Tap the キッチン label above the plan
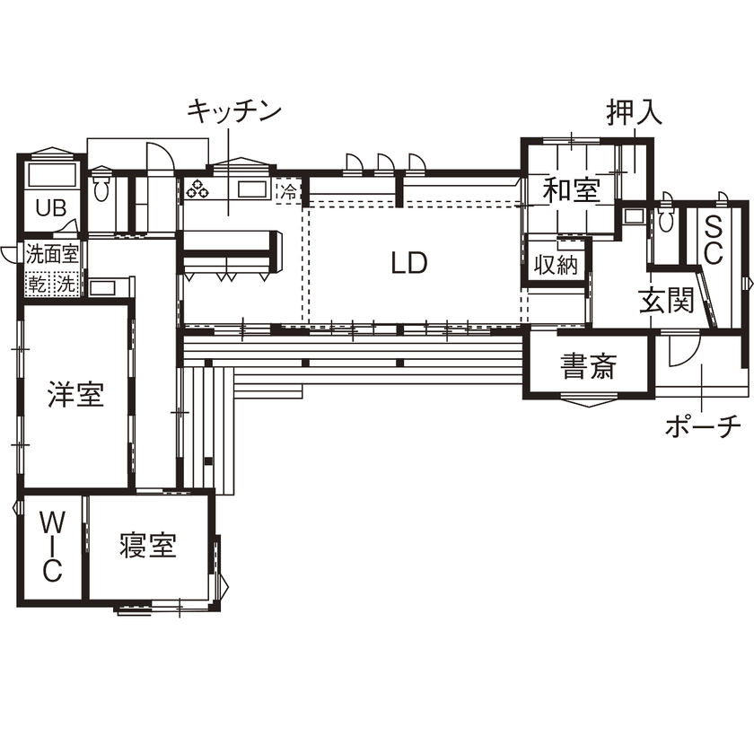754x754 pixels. point(234,111)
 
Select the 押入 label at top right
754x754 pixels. point(635,112)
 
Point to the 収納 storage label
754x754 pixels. point(556,265)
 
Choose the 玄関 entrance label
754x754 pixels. point(667,302)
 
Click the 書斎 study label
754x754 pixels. point(588,365)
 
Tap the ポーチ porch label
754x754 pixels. point(704,425)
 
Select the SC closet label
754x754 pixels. point(713,239)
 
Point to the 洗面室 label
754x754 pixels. point(51,252)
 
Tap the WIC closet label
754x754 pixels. point(53,545)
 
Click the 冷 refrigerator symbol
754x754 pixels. point(288,191)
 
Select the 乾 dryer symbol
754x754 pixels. point(38,285)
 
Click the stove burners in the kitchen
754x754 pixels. point(197,189)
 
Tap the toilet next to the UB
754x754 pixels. point(101,188)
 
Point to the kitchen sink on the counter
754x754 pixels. point(252,189)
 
